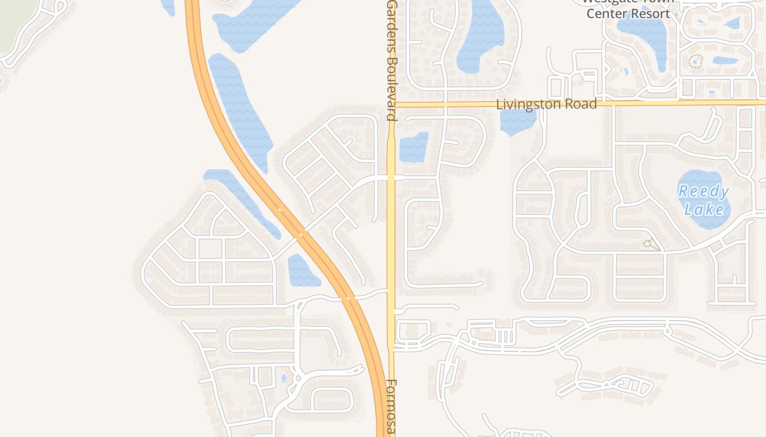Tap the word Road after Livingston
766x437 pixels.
pyautogui.click(x=581, y=104)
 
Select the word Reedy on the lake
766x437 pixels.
pyautogui.click(x=704, y=192)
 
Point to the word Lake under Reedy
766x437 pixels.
pyautogui.click(x=704, y=209)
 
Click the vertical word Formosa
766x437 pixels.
pyautogui.click(x=391, y=407)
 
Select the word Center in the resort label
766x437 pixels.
pyautogui.click(x=607, y=14)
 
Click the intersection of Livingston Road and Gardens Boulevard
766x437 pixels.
pyautogui.click(x=392, y=103)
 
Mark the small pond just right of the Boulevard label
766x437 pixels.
pyautogui.click(x=414, y=147)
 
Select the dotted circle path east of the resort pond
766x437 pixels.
pyautogui.click(x=696, y=61)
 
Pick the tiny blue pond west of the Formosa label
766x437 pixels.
pyautogui.click(x=283, y=377)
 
